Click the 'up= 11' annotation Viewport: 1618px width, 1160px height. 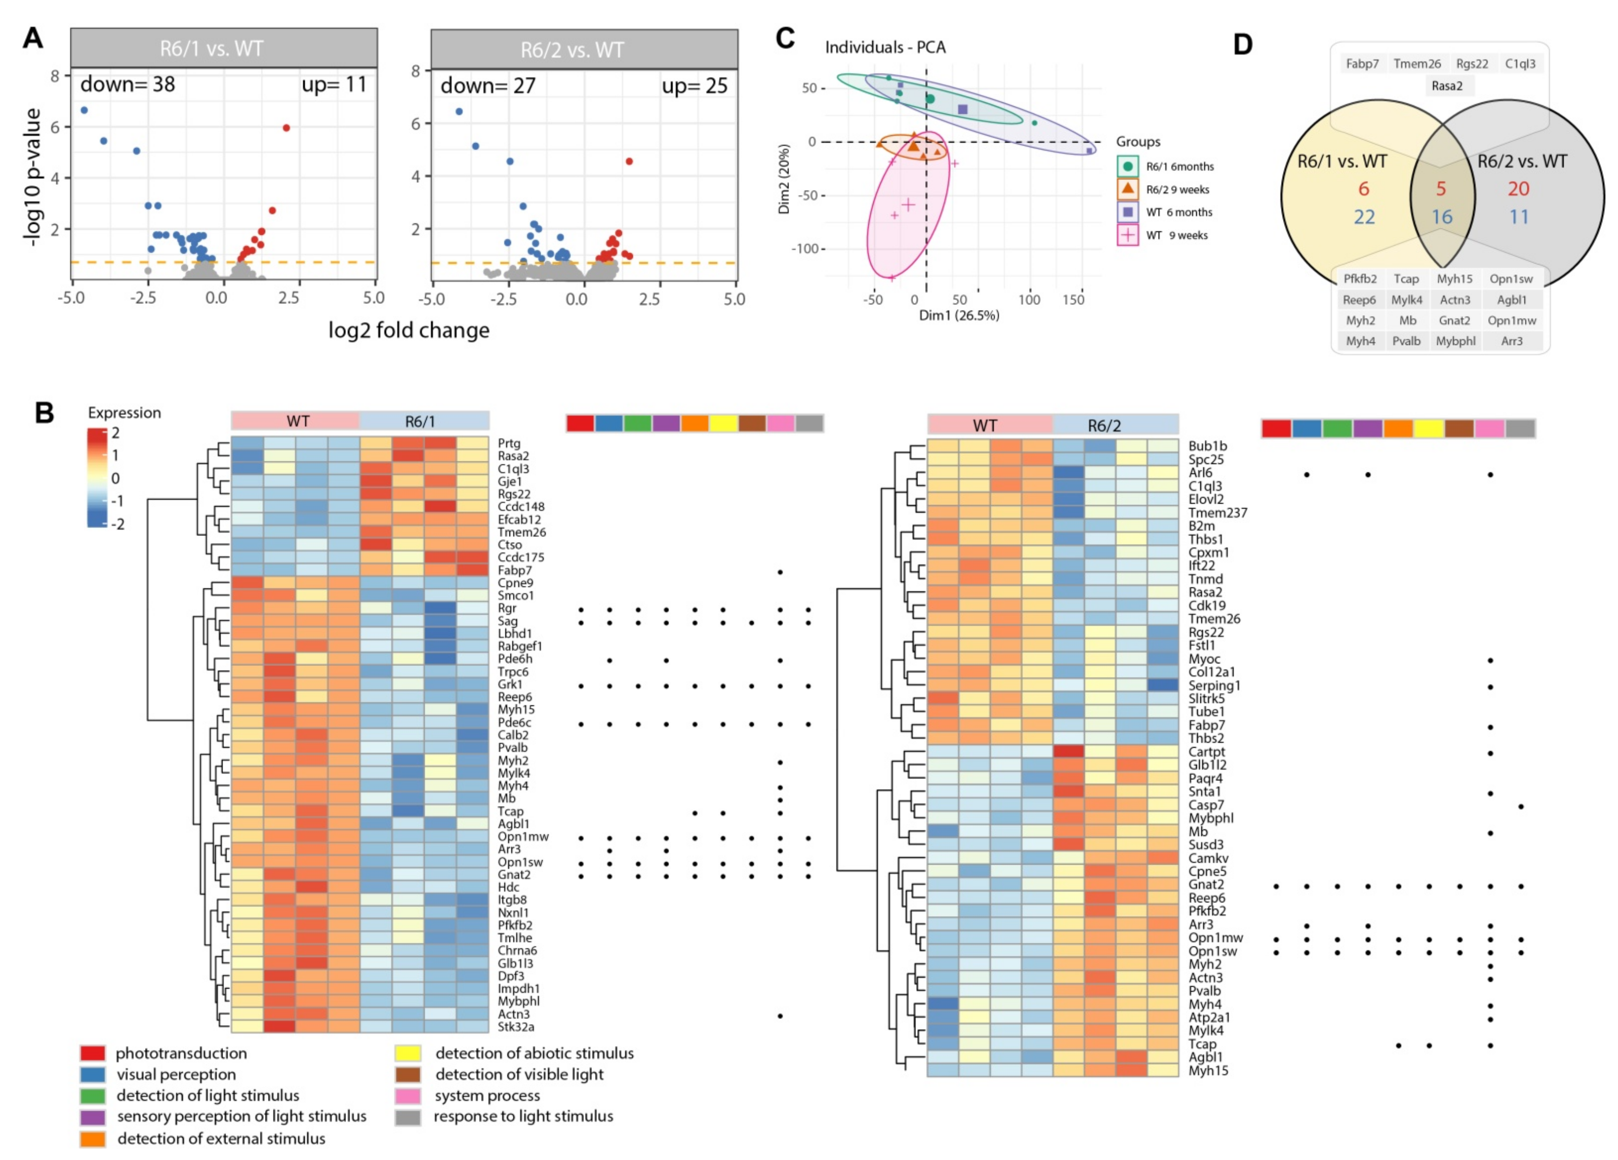[x=334, y=85]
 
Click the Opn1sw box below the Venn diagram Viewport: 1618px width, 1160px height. [x=1511, y=279]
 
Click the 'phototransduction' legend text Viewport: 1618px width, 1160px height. [x=181, y=1053]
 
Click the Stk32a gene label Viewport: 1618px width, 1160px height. [x=516, y=1027]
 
